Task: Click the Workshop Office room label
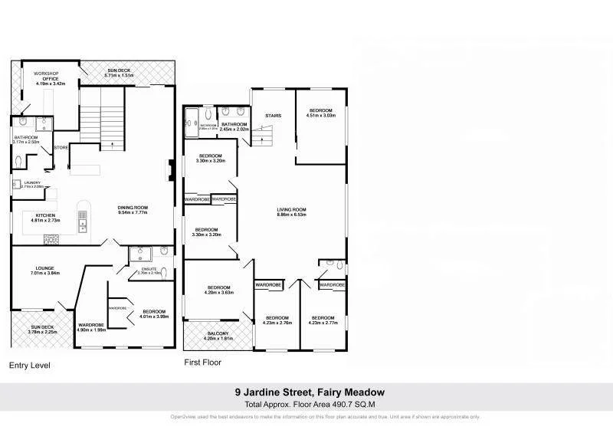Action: point(44,75)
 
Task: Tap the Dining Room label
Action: point(133,207)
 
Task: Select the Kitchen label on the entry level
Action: point(45,216)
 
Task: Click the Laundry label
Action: point(32,182)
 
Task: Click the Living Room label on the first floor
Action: point(291,210)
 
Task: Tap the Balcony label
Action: point(218,333)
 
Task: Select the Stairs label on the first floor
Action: point(273,116)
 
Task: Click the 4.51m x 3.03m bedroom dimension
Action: point(321,116)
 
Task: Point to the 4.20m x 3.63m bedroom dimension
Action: point(218,292)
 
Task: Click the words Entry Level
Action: point(30,366)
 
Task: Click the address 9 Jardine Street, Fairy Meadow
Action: point(309,392)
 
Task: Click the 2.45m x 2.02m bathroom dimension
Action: point(234,129)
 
